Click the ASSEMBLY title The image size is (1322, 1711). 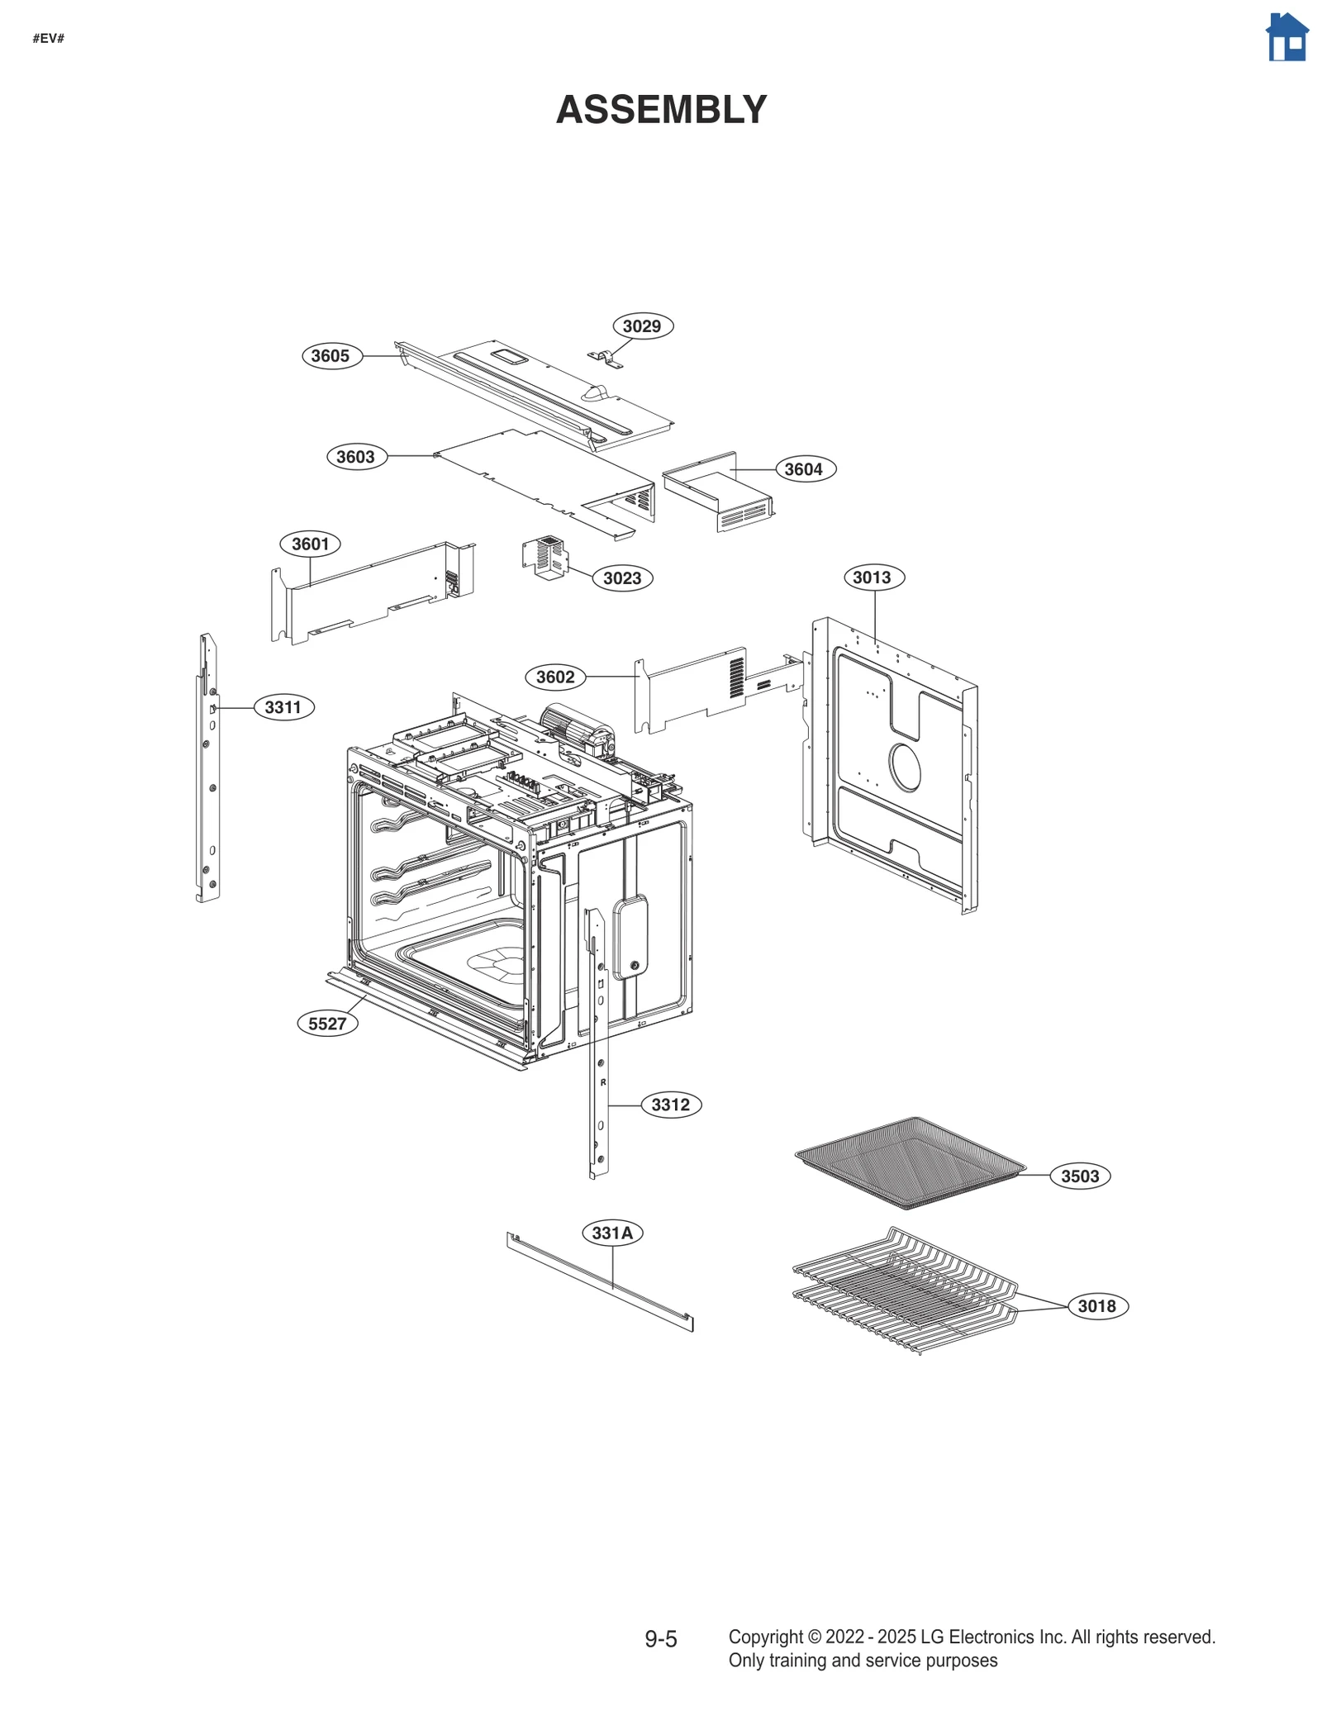(661, 110)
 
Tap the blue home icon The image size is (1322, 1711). (1286, 38)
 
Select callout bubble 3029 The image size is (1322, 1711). (642, 326)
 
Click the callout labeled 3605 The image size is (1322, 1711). (330, 356)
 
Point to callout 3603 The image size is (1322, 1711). (356, 457)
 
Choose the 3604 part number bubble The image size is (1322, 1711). (804, 469)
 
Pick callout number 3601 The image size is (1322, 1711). (310, 544)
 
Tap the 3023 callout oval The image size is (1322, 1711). (622, 578)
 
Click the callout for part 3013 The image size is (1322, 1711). (873, 577)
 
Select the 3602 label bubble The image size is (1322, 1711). (555, 677)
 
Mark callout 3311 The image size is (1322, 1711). (283, 707)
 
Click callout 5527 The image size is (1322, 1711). (327, 1024)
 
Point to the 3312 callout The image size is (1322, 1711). (670, 1105)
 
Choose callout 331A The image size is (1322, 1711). (612, 1233)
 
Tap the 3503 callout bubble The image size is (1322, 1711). (1080, 1176)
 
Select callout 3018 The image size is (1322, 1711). (1096, 1306)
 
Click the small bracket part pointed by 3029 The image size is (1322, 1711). (605, 359)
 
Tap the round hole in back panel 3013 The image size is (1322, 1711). (905, 767)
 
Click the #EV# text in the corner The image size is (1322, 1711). (48, 39)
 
